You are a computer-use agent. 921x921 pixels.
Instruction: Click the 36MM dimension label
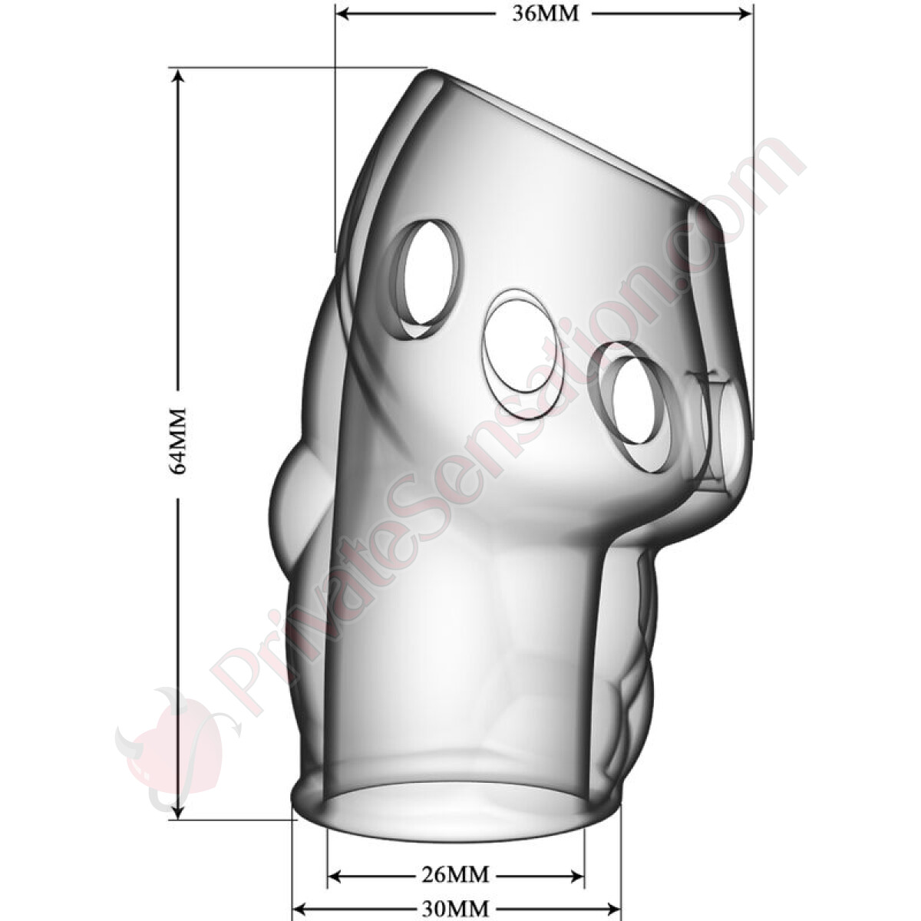pyautogui.click(x=545, y=15)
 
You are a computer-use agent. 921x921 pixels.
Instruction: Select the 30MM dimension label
pyautogui.click(x=455, y=906)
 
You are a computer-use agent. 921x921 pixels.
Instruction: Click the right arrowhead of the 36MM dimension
pyautogui.click(x=742, y=15)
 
